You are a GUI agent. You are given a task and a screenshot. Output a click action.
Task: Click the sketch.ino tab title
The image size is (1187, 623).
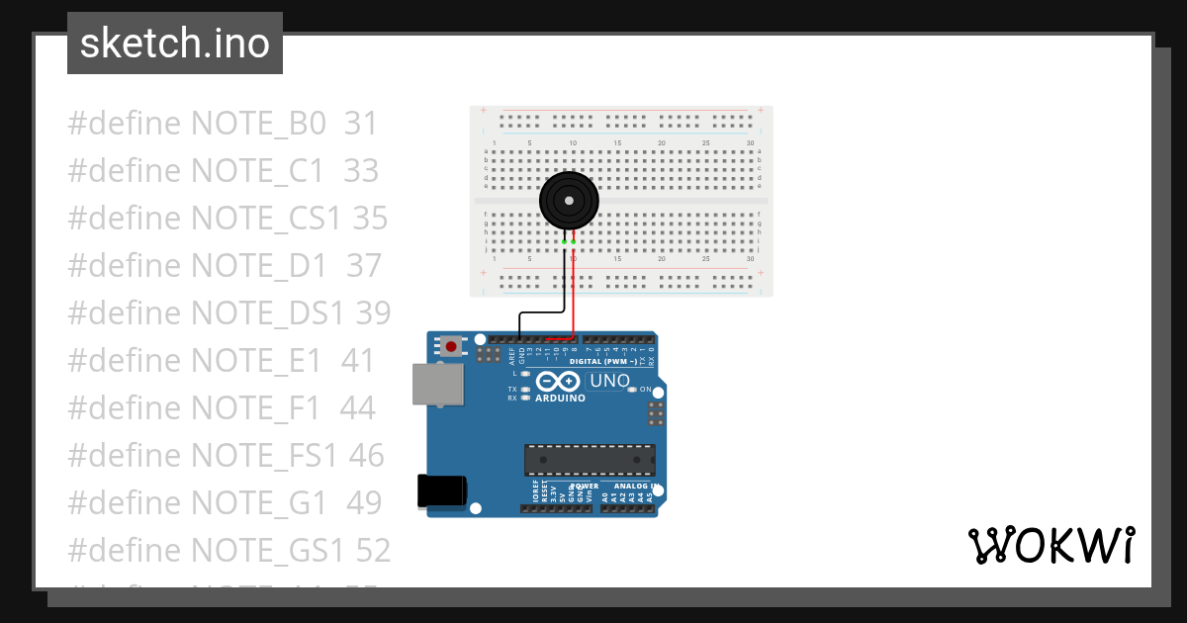[x=175, y=44]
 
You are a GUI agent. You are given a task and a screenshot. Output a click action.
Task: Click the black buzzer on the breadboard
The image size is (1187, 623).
[x=569, y=201]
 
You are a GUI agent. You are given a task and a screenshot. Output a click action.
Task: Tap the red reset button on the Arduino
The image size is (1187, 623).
[x=452, y=346]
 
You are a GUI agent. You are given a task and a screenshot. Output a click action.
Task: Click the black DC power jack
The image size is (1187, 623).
[x=441, y=491]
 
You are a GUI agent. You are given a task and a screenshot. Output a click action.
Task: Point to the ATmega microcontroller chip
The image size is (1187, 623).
[x=590, y=460]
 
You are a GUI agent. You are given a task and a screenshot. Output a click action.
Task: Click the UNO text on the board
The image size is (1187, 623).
[x=609, y=381]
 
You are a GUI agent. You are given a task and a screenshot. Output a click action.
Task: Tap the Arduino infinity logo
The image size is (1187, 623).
[x=559, y=382]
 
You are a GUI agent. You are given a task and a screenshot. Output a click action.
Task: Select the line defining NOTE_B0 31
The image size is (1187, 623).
[x=223, y=124]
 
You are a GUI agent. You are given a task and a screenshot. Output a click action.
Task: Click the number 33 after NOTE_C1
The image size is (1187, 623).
[x=361, y=171]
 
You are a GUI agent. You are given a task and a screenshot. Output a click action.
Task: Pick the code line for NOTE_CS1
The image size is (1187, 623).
[x=228, y=218]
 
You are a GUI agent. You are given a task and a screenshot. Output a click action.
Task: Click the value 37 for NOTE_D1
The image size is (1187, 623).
[x=363, y=265]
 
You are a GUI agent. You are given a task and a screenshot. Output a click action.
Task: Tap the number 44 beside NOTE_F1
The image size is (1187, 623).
[x=357, y=407]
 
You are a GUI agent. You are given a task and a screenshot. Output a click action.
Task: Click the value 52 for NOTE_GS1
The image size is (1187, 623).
[x=372, y=550]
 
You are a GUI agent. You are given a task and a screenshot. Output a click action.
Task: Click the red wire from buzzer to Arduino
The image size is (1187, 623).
[x=575, y=297]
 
